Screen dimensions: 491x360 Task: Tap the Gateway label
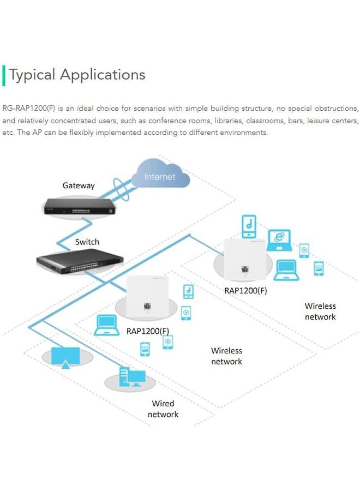pyautogui.click(x=79, y=185)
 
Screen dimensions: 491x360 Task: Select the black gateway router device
pyautogui.click(x=80, y=206)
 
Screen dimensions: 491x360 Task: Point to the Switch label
pyautogui.click(x=87, y=242)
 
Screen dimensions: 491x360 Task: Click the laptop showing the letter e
pyautogui.click(x=281, y=241)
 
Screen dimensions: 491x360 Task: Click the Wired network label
pyautogui.click(x=163, y=409)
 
